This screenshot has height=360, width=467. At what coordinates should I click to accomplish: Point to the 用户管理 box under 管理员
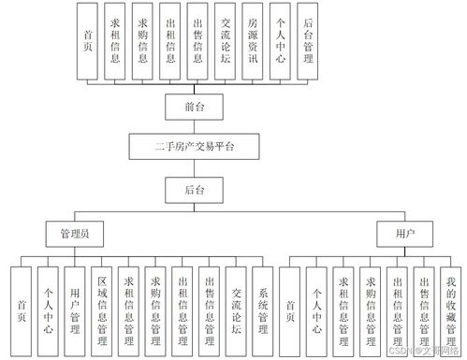coord(76,309)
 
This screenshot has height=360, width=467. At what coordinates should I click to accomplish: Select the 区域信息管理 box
coord(103,309)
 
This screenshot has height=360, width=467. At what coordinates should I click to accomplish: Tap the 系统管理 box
coord(265,309)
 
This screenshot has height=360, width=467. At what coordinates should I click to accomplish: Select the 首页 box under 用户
coord(292,309)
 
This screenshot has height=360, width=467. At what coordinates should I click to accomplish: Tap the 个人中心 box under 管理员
coord(49,309)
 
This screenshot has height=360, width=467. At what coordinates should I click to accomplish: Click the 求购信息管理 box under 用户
coord(372,309)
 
